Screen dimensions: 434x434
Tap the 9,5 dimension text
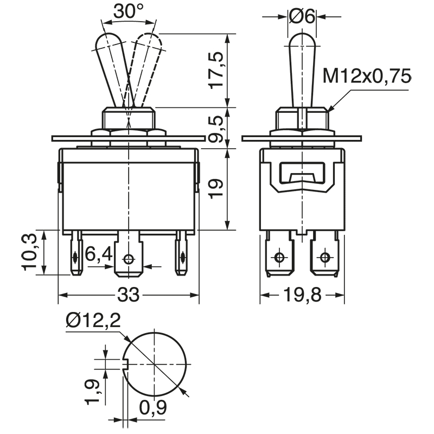(x=216, y=129)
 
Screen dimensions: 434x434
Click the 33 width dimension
(x=129, y=296)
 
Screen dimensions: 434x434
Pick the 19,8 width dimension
(x=302, y=296)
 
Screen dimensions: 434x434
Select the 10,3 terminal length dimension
(x=31, y=252)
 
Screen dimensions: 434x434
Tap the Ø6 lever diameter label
(x=302, y=17)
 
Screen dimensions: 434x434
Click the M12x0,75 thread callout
(x=366, y=76)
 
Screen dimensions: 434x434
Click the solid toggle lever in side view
(x=302, y=71)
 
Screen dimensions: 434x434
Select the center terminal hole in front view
(x=129, y=259)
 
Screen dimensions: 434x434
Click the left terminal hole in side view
(x=279, y=257)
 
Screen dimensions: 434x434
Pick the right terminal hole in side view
(x=325, y=257)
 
